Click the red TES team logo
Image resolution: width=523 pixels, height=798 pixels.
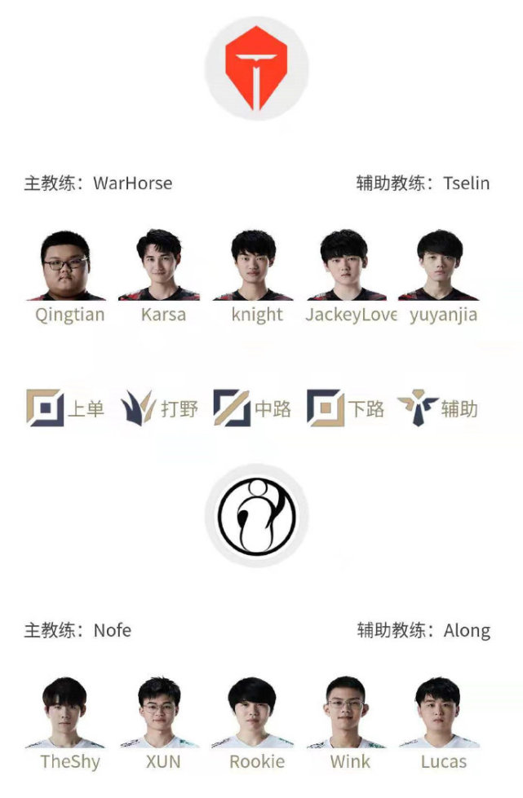tap(256, 68)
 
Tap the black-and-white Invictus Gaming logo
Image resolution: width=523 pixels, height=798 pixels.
tap(257, 516)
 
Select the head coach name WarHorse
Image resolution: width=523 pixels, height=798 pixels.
tap(132, 183)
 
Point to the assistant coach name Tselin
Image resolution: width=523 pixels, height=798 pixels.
tap(466, 183)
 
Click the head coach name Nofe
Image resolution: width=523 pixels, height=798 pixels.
tap(112, 631)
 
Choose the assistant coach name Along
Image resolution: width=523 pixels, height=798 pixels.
tap(467, 631)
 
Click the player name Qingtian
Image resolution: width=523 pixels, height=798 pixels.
tap(70, 315)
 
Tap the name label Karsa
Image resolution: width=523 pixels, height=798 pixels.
tap(163, 315)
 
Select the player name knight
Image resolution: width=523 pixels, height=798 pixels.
tap(257, 315)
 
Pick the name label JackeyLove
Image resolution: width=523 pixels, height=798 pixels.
tap(351, 315)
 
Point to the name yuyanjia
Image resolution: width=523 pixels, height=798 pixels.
tap(444, 315)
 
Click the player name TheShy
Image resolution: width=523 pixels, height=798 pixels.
tap(70, 762)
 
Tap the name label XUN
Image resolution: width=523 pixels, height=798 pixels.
tap(163, 762)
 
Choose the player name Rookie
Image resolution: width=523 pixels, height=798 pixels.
tap(257, 762)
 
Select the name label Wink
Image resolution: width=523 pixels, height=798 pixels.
tap(350, 762)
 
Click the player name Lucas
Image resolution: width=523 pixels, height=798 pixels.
tap(444, 762)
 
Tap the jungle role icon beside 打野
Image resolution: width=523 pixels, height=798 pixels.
tap(139, 408)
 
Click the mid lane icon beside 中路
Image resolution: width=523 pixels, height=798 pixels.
tap(232, 408)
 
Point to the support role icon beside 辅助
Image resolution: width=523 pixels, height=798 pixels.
tap(418, 408)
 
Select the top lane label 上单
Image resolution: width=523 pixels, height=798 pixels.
tap(86, 408)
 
